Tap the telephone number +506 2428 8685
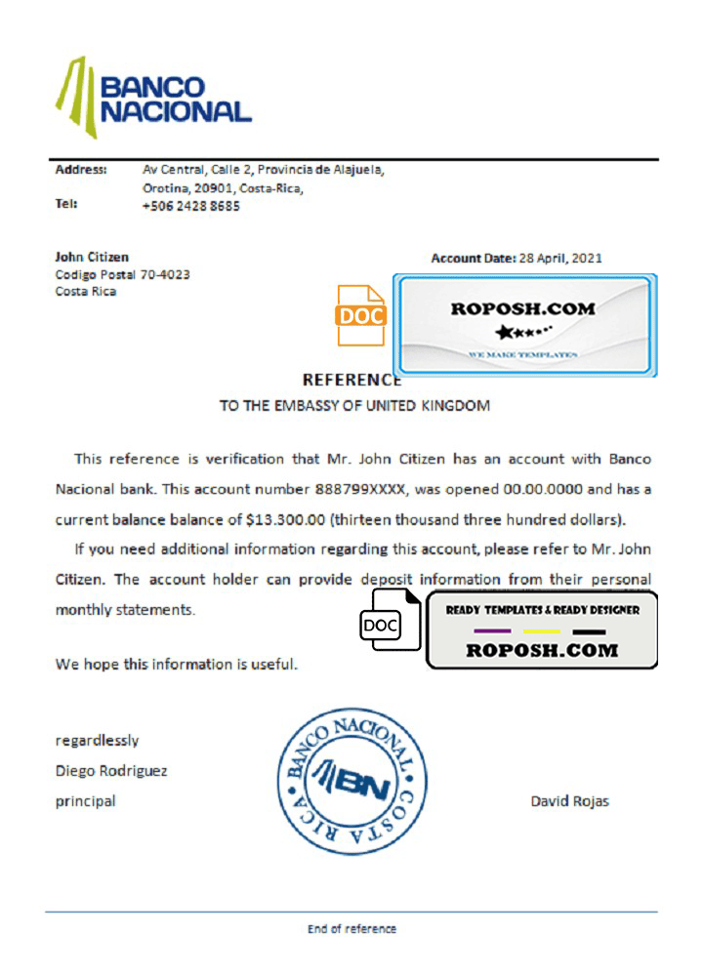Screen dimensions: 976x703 click(x=191, y=206)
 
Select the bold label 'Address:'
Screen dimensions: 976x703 click(x=81, y=170)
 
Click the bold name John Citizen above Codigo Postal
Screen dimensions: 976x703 click(x=92, y=258)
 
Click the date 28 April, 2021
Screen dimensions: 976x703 click(x=559, y=259)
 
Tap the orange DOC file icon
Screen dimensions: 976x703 click(x=361, y=315)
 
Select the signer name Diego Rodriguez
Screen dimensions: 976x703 click(x=111, y=770)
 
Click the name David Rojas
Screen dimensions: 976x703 click(x=570, y=801)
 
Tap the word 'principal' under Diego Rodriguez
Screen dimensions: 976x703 click(x=85, y=801)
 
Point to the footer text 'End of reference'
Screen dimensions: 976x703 click(x=351, y=928)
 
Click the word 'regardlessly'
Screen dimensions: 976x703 click(x=97, y=740)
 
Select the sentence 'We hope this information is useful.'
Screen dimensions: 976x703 click(x=177, y=665)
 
